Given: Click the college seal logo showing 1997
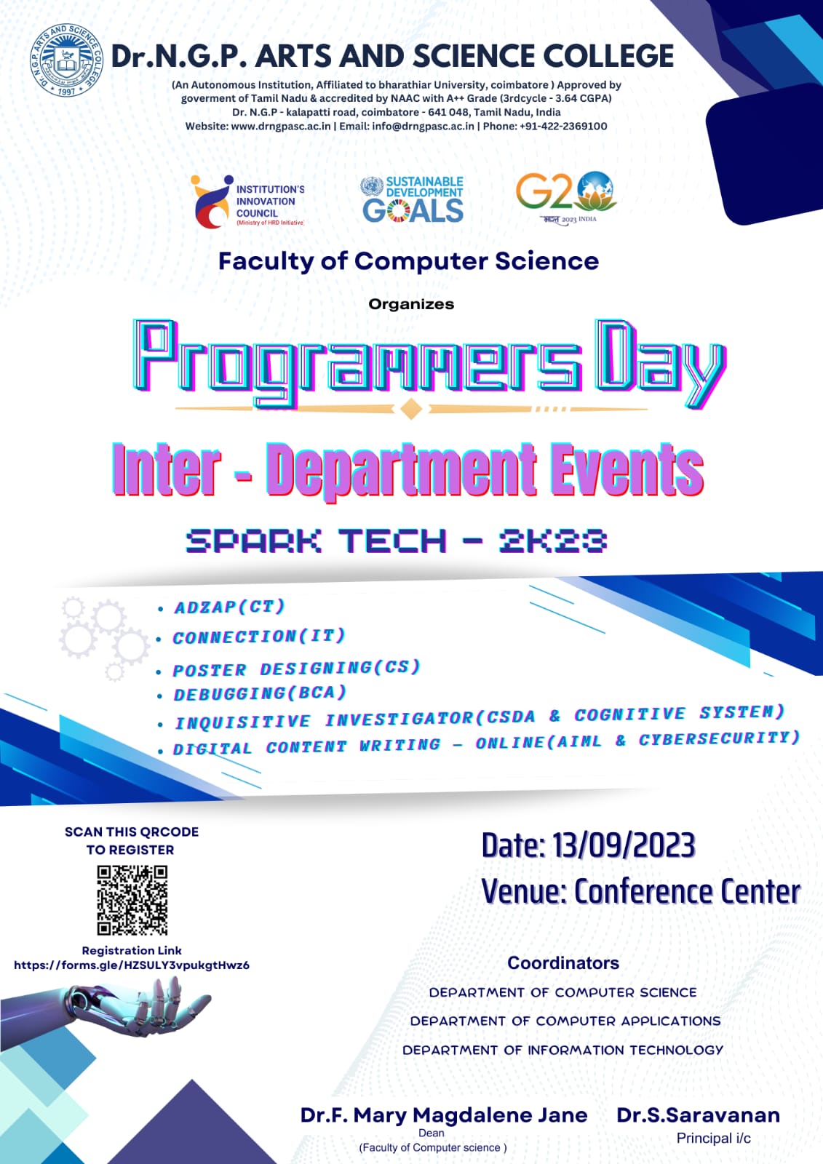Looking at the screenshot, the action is click(66, 60).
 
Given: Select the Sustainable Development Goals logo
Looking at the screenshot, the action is click(412, 199).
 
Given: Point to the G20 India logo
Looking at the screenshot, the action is click(566, 198).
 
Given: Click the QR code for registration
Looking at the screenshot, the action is click(132, 900).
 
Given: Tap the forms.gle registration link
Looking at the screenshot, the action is click(132, 965).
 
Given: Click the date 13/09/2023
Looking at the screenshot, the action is click(623, 845).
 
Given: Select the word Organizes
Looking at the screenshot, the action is click(411, 304).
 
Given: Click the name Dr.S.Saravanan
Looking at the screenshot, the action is click(699, 1115).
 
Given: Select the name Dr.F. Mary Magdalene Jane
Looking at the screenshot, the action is click(444, 1115).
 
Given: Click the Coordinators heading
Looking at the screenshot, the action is click(563, 963).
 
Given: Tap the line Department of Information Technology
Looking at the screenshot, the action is click(562, 1051).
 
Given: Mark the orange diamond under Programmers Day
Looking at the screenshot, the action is click(411, 408).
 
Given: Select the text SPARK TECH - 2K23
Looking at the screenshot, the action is click(396, 541).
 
